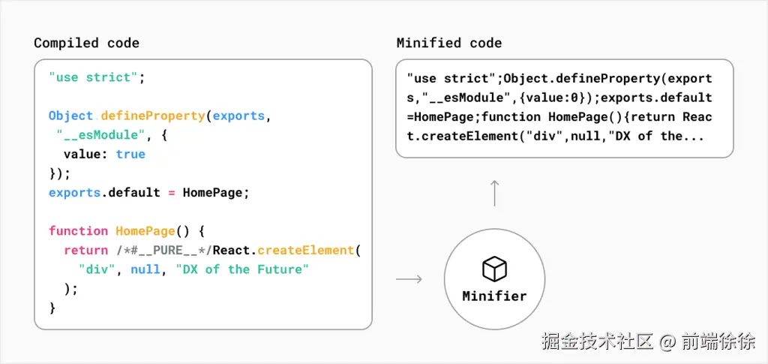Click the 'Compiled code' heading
[86, 43]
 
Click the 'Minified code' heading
[449, 43]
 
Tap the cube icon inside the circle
[494, 268]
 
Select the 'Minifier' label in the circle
[494, 296]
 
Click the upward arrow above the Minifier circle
[494, 193]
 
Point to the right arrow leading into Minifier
[409, 279]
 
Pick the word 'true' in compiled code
[130, 154]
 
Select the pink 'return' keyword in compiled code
[85, 250]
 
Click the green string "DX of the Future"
[241, 269]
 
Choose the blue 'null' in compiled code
[145, 269]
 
